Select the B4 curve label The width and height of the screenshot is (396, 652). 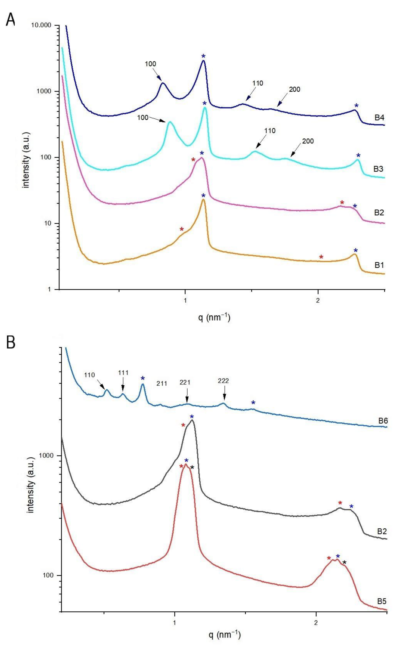[x=379, y=117]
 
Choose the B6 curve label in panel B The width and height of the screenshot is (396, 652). [x=382, y=421]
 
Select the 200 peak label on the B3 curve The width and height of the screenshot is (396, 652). [x=308, y=141]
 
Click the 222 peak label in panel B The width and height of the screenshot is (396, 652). [x=223, y=381]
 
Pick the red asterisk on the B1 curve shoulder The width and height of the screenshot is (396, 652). [x=182, y=229]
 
